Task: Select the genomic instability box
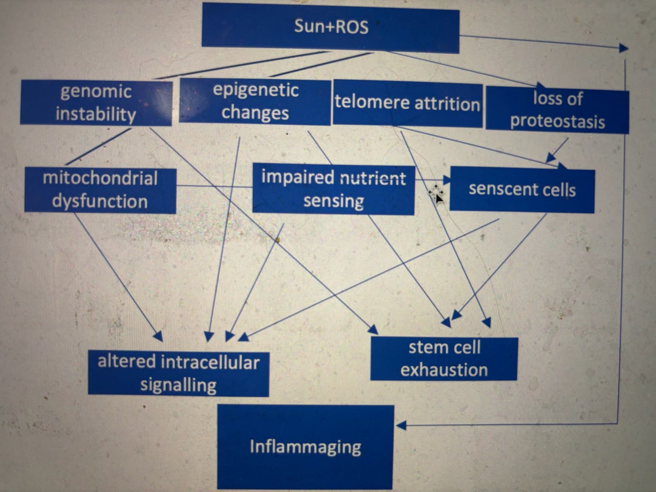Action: [96, 102]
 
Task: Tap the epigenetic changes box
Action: [255, 102]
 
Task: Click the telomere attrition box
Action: [407, 103]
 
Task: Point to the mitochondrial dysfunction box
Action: [100, 190]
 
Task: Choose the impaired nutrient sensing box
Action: [333, 189]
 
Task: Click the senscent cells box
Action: [522, 190]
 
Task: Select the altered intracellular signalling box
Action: [178, 374]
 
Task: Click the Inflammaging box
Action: [305, 447]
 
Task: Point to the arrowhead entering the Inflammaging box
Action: [401, 426]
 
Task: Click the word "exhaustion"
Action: [444, 370]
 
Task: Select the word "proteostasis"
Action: [558, 122]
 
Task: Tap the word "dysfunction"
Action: [100, 202]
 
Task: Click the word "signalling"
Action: [178, 385]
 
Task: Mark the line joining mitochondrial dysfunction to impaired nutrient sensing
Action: [214, 187]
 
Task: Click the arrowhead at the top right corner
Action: [623, 48]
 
